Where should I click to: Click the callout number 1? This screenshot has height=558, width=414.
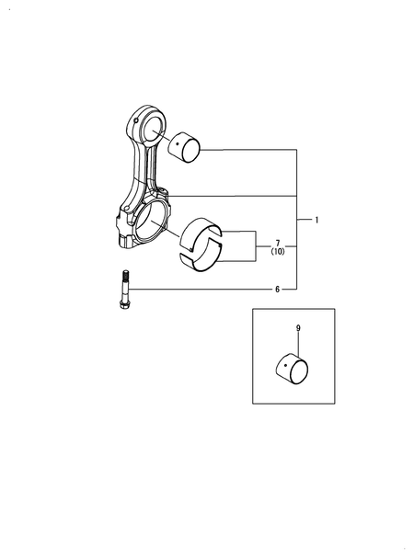click(316, 221)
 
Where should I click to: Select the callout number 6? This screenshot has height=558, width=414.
click(277, 290)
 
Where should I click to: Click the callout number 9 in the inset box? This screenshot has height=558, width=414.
click(298, 328)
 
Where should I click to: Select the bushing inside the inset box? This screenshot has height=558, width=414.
click(293, 370)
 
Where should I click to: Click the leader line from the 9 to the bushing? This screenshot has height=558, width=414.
click(298, 345)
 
